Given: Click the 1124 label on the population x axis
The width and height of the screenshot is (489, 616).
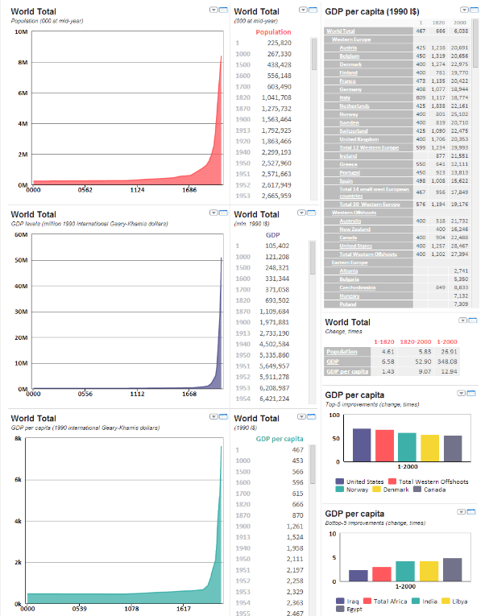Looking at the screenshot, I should [x=138, y=191].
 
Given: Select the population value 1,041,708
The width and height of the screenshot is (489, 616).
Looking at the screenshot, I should [x=274, y=97].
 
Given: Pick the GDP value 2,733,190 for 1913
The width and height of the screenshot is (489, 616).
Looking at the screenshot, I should [x=273, y=333].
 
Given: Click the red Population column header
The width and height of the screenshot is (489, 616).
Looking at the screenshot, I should [x=273, y=32].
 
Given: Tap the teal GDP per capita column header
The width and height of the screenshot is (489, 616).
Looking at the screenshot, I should [x=278, y=439].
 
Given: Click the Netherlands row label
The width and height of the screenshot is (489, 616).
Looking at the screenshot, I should [x=354, y=105].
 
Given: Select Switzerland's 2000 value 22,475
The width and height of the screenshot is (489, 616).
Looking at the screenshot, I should [x=461, y=130].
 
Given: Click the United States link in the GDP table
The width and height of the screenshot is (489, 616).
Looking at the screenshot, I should [x=355, y=246].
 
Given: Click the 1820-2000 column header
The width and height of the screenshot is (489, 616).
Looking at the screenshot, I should [x=414, y=342].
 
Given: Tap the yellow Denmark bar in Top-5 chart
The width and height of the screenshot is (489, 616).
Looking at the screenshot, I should [x=431, y=447].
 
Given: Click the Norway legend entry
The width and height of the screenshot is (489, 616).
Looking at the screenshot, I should [x=356, y=490].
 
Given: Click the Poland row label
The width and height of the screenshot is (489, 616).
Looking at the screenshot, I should [x=349, y=304].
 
